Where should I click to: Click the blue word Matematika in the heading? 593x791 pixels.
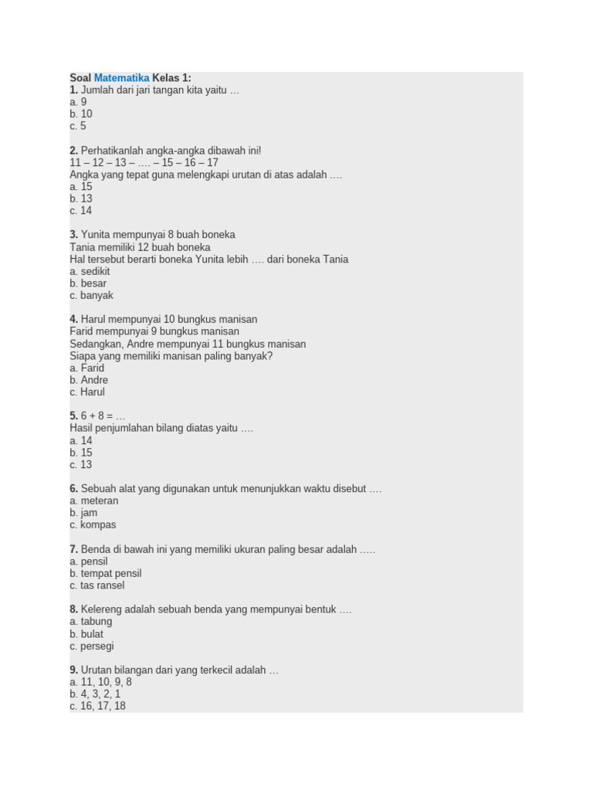(121, 78)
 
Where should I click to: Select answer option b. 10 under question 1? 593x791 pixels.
(81, 114)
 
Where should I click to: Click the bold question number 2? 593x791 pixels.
(73, 151)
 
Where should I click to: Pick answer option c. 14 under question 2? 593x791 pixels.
(81, 211)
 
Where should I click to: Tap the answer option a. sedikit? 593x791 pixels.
(90, 271)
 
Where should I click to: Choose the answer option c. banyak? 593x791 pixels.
(91, 295)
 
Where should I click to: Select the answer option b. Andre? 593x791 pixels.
(89, 380)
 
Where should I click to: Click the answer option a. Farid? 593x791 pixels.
(86, 368)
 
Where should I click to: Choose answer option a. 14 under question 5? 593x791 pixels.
(81, 440)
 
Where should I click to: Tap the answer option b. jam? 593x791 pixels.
(83, 513)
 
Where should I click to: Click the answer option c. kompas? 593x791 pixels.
(93, 525)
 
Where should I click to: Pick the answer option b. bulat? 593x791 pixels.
(86, 634)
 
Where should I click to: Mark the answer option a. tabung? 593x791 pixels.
(90, 621)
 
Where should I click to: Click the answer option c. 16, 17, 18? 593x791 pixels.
(97, 706)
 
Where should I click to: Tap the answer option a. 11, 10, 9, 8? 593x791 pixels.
(100, 682)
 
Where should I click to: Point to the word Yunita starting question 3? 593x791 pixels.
(96, 235)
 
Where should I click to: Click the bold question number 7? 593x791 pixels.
(73, 549)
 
